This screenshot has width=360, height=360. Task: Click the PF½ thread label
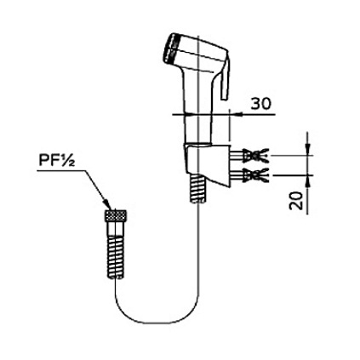(57, 160)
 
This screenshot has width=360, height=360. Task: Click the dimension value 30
(261, 104)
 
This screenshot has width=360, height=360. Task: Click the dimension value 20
(296, 201)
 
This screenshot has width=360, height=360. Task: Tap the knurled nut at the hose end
(116, 216)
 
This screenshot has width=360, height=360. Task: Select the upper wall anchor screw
(249, 156)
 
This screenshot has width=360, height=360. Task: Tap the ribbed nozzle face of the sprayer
(171, 48)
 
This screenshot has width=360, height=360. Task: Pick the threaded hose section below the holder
(198, 189)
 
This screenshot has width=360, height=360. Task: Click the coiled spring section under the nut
(116, 256)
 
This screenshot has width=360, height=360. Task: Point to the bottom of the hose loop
(155, 323)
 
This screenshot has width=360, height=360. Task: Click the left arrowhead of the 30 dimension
(190, 115)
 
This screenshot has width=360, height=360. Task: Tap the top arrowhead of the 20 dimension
(308, 150)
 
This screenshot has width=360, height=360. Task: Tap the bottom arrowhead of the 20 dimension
(308, 181)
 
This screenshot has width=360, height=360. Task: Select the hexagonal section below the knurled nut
(116, 229)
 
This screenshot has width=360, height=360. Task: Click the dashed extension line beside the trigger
(229, 124)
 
